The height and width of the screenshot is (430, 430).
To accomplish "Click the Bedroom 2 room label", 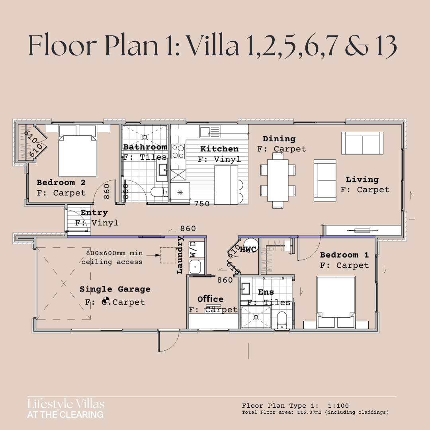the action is [61, 183].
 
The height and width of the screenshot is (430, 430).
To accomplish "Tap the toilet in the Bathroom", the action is [159, 192].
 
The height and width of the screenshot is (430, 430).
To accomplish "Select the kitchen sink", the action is [210, 132].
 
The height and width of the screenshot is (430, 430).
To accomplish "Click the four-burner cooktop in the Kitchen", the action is [178, 152].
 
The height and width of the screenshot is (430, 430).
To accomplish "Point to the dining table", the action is [278, 180].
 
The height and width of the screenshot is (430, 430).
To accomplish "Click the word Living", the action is [362, 180].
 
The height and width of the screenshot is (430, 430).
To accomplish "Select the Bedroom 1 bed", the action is [336, 302].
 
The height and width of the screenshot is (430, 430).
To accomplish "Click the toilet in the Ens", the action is [282, 320].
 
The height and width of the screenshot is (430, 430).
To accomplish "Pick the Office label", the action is [210, 299].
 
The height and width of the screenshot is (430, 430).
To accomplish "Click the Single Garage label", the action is [115, 289].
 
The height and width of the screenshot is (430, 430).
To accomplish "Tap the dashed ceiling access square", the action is [168, 255].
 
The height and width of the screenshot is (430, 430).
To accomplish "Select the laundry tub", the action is [195, 266].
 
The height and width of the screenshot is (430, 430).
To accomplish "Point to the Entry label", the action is [94, 213].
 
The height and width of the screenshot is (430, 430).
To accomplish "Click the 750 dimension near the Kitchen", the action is [202, 203].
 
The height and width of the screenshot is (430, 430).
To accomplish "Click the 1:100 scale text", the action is [338, 406].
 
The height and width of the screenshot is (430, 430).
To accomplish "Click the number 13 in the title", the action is [387, 46].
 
